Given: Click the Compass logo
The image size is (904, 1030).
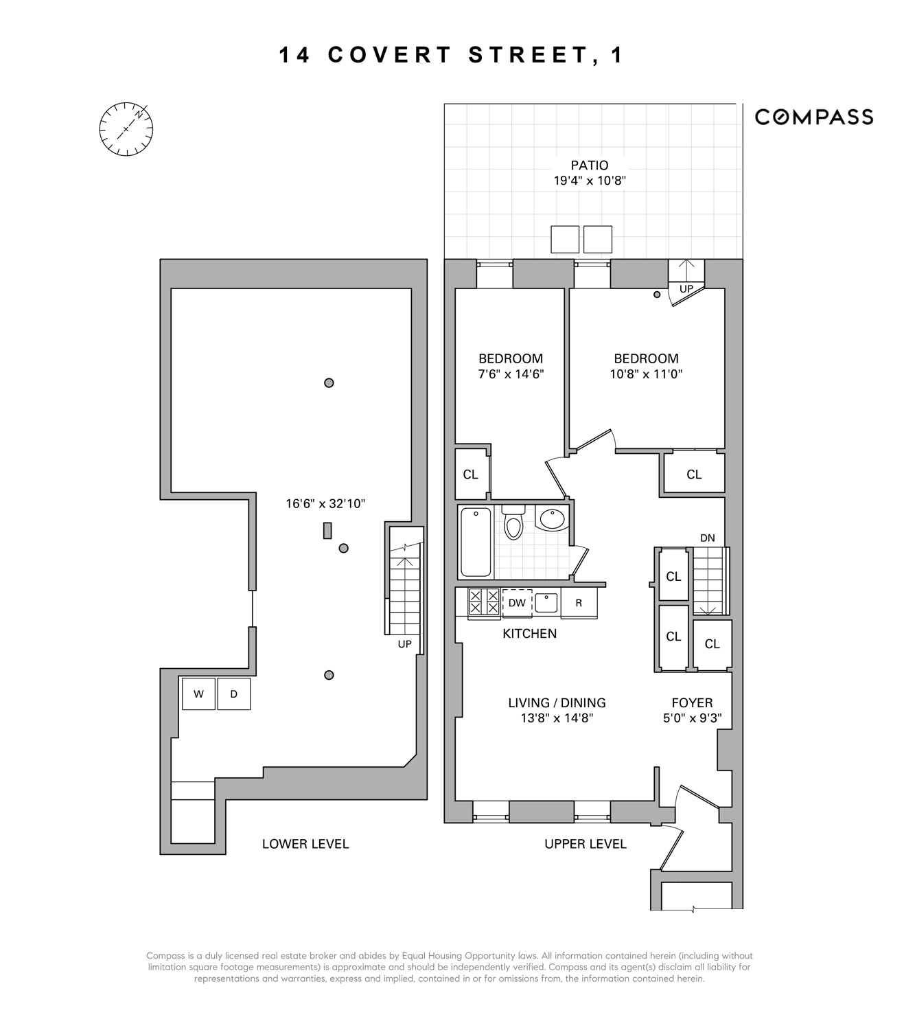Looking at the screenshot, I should click(x=813, y=117).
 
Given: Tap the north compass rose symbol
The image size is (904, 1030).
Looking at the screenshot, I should click(x=126, y=129).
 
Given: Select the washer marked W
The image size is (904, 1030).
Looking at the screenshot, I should click(x=198, y=694).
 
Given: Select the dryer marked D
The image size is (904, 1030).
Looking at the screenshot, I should click(x=234, y=694).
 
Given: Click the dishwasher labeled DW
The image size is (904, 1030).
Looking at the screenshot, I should click(x=517, y=603).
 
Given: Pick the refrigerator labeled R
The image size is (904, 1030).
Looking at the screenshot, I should click(x=579, y=603).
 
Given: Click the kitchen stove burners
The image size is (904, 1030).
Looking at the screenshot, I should click(x=484, y=602).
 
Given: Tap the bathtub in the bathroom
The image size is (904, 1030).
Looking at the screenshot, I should click(x=476, y=542).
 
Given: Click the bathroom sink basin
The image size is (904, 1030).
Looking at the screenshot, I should click(x=552, y=518).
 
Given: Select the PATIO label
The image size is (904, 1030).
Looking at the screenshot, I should click(x=590, y=165).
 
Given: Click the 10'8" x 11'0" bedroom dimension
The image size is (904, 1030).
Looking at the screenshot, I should click(x=646, y=374).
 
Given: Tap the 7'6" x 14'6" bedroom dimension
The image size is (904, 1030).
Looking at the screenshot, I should click(x=511, y=374).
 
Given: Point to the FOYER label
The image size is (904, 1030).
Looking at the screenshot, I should click(x=692, y=702).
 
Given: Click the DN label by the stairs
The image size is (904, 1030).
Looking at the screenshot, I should click(x=708, y=538).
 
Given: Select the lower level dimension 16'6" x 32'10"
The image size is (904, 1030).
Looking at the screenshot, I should click(x=325, y=503).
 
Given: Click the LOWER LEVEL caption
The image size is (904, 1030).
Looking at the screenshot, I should click(x=305, y=844).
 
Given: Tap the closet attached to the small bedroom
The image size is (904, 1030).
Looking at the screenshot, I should click(x=471, y=474).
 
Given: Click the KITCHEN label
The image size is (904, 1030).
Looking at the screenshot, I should click(x=529, y=633).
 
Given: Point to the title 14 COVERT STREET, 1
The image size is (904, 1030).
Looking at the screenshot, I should click(x=451, y=55).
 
